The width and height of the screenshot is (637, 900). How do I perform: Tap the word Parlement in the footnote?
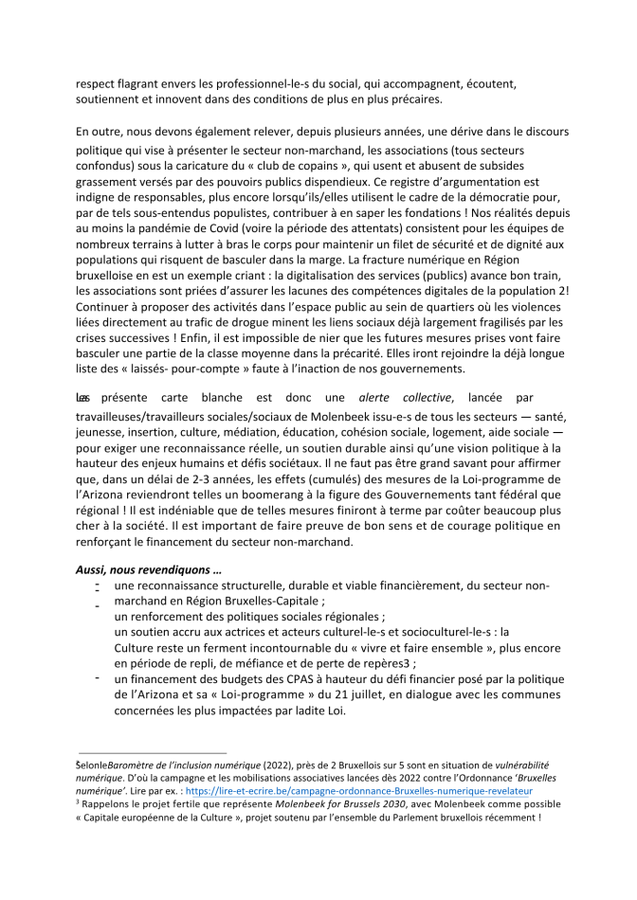(x=432, y=818)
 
